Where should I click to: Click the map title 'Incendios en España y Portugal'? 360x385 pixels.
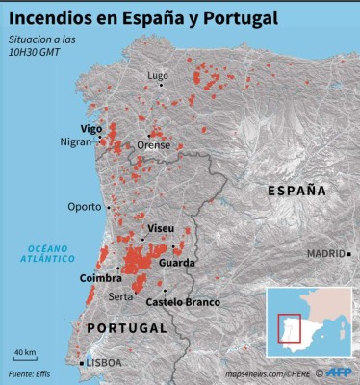tap(144, 17)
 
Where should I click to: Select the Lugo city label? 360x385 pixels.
tap(157, 75)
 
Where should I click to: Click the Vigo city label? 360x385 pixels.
tap(91, 128)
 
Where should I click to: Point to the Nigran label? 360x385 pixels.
tap(74, 142)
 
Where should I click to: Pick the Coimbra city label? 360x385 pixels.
tap(100, 278)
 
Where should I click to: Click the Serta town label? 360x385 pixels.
tap(121, 296)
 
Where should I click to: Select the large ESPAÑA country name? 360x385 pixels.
tap(296, 191)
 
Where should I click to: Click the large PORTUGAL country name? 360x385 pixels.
tap(120, 328)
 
